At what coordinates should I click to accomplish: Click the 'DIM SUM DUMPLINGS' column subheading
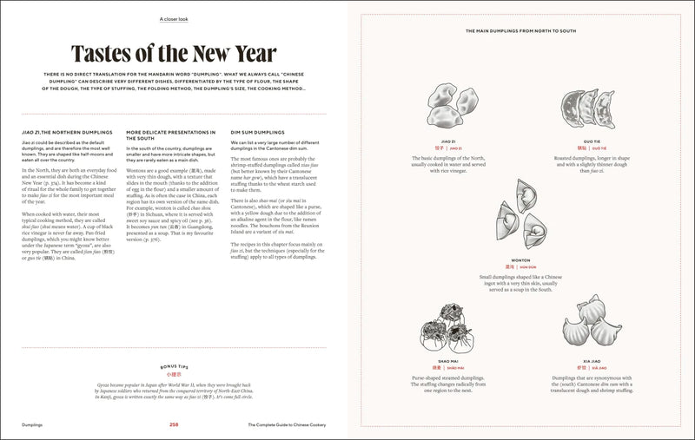[x=258, y=133]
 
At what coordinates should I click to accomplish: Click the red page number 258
[x=175, y=424]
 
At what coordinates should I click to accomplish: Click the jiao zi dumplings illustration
[x=448, y=108]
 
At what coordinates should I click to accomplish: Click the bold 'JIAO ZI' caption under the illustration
[x=448, y=141]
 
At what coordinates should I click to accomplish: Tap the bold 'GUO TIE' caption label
[x=593, y=141]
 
